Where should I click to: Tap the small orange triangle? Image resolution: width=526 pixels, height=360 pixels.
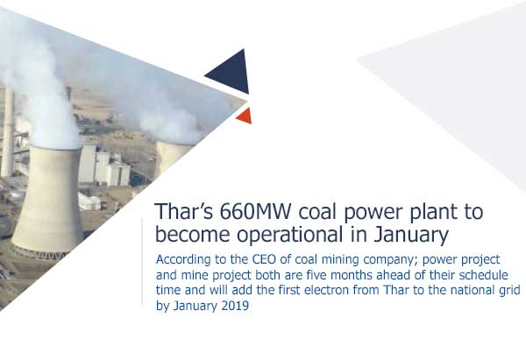point(245,116)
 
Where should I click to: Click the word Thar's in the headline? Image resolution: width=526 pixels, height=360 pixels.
point(184,212)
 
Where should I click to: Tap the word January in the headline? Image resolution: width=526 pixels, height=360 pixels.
point(411,236)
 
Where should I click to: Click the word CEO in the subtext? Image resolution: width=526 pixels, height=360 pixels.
point(265,259)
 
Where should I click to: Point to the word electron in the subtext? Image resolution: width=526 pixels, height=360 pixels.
point(324,290)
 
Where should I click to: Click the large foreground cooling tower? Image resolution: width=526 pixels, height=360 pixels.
point(48,201)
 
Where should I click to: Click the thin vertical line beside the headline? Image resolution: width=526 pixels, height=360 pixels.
point(142,261)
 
